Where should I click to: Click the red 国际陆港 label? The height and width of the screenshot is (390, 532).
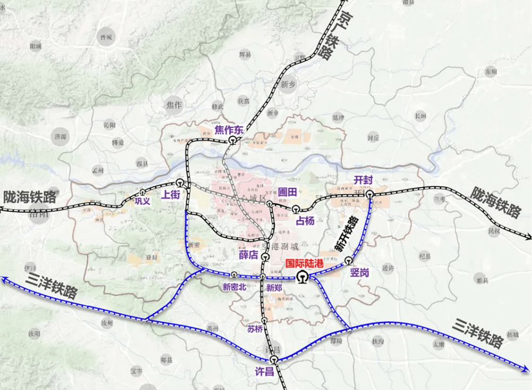point(307,263)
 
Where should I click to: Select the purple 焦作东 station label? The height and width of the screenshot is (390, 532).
point(229,129)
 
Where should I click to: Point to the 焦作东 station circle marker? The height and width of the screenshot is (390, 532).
point(233,140)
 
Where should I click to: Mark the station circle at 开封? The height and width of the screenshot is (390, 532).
point(369,195)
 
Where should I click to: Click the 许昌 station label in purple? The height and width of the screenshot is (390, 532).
point(264,371)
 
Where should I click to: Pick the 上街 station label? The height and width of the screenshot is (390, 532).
point(171,195)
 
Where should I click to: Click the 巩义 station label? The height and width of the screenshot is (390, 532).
point(142,201)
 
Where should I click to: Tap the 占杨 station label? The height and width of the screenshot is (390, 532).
point(305,220)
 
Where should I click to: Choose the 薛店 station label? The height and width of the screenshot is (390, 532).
point(248,255)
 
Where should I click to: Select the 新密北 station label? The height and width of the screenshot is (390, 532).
point(234,287)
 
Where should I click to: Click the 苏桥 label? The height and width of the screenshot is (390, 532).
point(255,328)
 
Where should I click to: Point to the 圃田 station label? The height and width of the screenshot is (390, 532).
point(287,192)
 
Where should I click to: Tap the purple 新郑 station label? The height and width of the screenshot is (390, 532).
point(274,288)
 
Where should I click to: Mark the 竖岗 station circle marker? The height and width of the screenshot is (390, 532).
point(348,260)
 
